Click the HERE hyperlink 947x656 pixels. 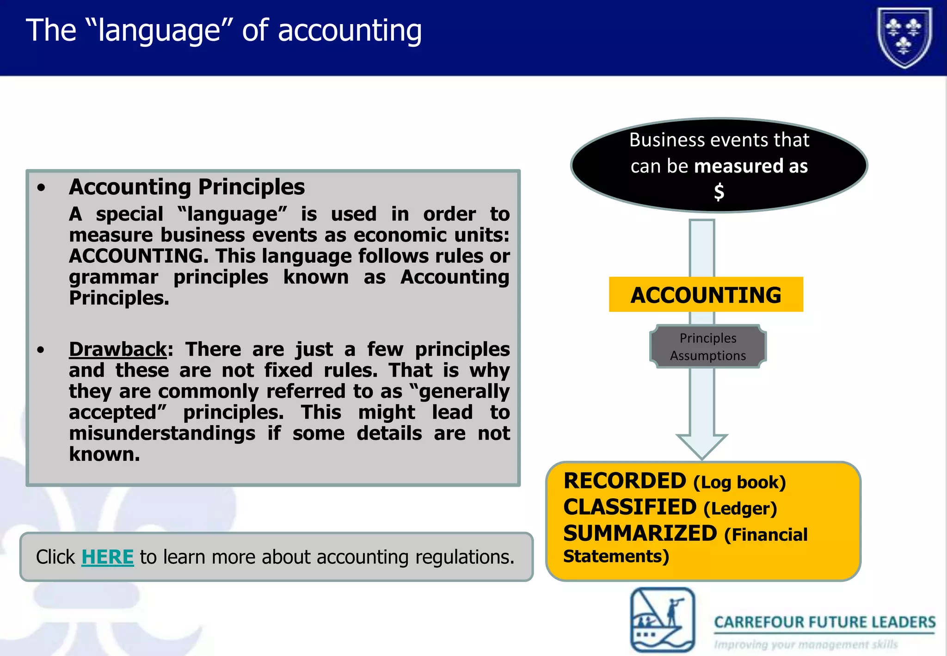(107, 557)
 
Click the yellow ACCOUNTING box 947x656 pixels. (706, 295)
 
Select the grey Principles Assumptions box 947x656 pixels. (708, 347)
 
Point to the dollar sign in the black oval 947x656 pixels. (719, 192)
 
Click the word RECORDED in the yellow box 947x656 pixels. (625, 481)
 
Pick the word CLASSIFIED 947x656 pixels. (630, 507)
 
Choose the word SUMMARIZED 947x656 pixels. (640, 534)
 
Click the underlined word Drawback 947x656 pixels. (117, 349)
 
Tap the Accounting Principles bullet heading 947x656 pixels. (187, 187)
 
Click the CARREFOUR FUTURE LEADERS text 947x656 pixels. (824, 622)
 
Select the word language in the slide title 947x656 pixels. (160, 31)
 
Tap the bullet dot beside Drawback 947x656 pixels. (41, 350)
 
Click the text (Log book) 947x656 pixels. (739, 483)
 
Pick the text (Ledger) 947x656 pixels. (740, 509)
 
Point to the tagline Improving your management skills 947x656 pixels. (806, 644)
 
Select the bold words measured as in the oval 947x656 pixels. (751, 166)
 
